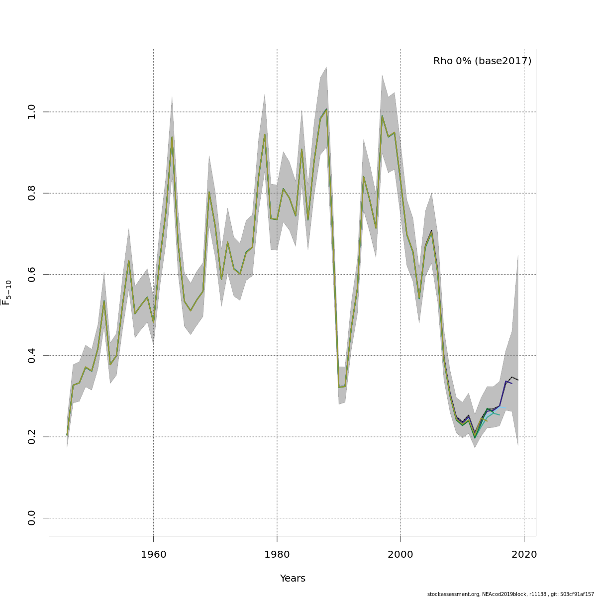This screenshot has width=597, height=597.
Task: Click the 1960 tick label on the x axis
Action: click(153, 555)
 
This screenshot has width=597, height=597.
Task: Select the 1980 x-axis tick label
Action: click(277, 555)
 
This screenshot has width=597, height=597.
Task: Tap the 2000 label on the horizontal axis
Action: click(400, 555)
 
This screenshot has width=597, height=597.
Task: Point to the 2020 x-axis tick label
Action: click(524, 555)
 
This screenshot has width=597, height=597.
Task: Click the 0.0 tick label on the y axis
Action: click(32, 518)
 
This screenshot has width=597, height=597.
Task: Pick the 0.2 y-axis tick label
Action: click(32, 437)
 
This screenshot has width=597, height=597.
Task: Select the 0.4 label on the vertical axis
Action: click(32, 356)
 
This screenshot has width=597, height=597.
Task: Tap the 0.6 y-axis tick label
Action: click(32, 274)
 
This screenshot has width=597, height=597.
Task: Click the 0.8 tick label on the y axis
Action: click(32, 193)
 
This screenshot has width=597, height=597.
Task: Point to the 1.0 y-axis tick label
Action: click(32, 112)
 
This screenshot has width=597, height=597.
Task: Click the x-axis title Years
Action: click(293, 579)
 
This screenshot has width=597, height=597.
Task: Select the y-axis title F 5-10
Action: click(6, 293)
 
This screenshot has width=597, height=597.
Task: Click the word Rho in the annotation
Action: click(443, 61)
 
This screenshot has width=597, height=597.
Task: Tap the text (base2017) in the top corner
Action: click(503, 61)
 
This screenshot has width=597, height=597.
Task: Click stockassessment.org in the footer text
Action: click(453, 594)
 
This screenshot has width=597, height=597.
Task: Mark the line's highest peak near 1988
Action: click(326, 109)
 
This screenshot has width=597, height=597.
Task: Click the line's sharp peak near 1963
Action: click(172, 137)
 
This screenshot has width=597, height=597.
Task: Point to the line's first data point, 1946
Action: click(67, 435)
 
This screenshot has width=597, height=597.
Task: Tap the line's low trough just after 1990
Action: click(339, 387)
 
